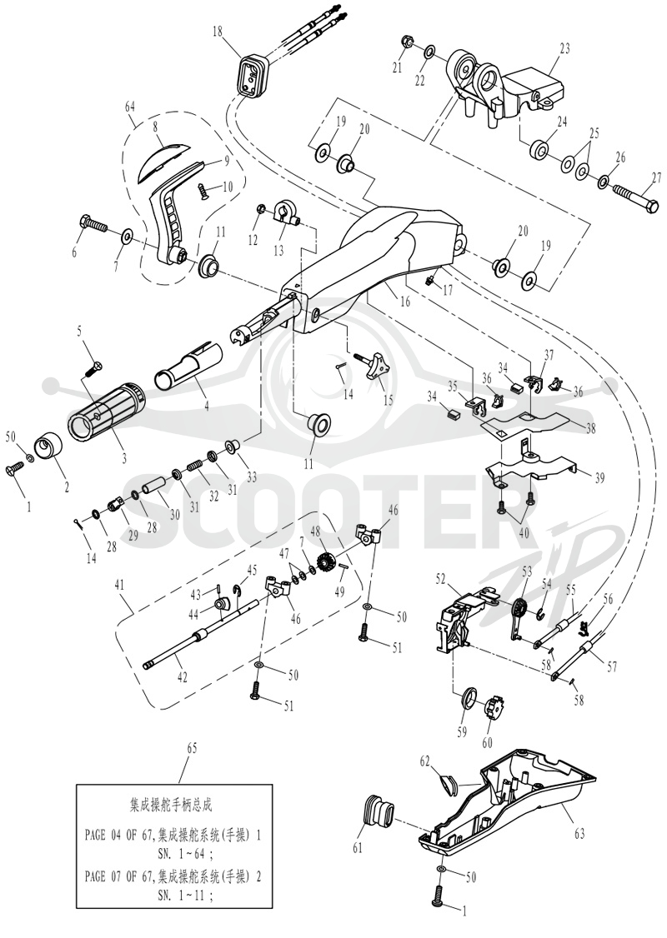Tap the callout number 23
[564, 47]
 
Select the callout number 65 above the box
[193, 748]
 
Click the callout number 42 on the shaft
[182, 677]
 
